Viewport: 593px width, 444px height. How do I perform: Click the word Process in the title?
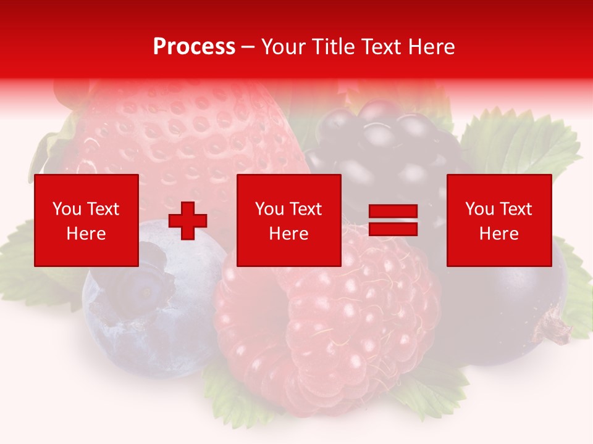coord(194,47)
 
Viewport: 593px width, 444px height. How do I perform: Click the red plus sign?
coord(188,221)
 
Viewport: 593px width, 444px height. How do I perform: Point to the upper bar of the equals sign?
coord(393,212)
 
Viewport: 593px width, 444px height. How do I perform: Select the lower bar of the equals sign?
coord(393,229)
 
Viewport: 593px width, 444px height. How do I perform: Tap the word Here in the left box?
coord(86,234)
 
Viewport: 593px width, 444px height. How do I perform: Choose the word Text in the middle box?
coord(305,209)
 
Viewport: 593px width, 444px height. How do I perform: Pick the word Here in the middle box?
coord(288,234)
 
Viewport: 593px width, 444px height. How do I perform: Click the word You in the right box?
coord(479,209)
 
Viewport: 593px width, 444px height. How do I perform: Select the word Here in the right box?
coord(498,234)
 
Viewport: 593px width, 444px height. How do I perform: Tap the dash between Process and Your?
coord(248,47)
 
